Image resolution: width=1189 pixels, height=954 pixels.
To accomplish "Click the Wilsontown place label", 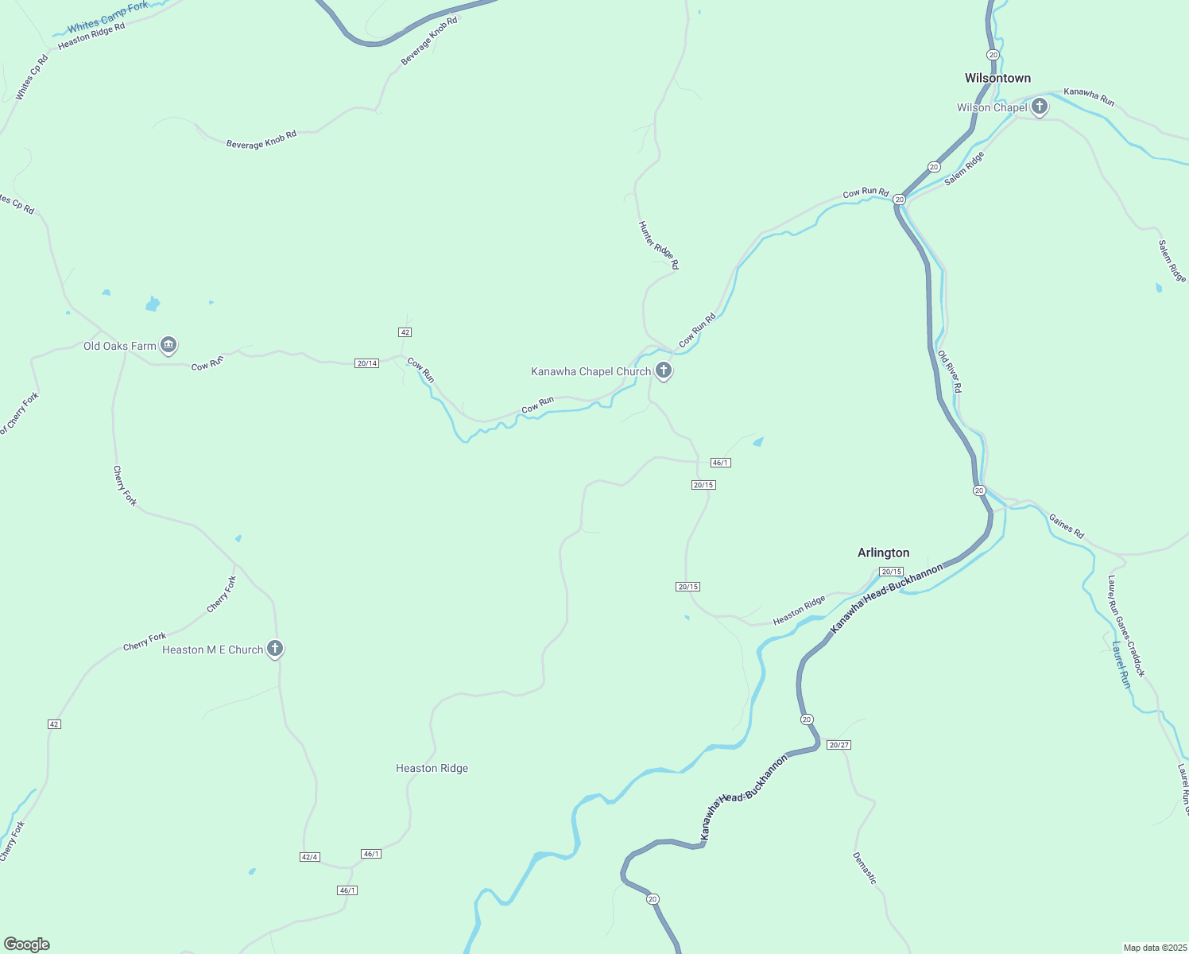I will tap(997, 78).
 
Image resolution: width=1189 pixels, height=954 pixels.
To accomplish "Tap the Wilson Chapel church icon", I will tap(1039, 107).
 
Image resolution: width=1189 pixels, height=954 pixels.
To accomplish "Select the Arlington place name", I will tap(883, 553).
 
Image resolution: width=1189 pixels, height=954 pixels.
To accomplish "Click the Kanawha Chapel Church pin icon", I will tap(664, 370).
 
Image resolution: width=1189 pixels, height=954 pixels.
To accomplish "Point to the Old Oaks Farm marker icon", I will tap(168, 345).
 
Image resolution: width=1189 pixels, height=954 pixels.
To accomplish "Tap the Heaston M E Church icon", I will tap(275, 649).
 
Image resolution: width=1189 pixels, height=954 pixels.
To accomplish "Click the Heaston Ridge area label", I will tap(432, 768).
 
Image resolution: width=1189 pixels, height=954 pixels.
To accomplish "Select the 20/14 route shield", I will tap(367, 363).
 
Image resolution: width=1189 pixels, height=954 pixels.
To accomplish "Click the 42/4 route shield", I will tap(310, 857).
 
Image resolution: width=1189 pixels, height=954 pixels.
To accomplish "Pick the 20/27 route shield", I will tap(838, 745).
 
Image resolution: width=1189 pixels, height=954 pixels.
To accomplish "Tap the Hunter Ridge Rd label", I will tap(659, 245).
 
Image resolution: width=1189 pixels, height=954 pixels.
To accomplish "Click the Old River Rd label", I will tap(950, 371).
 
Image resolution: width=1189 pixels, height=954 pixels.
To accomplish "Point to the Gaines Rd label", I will tap(1066, 526).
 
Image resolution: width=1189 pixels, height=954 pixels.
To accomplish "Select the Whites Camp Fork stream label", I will tap(107, 17).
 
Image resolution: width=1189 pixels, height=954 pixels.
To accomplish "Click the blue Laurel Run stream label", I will tap(1121, 665).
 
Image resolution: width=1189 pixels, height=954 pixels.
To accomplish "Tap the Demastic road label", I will tap(864, 868).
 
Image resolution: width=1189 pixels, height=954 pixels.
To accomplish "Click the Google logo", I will tap(27, 944).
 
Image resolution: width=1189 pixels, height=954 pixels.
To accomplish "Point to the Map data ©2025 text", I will tap(1154, 948).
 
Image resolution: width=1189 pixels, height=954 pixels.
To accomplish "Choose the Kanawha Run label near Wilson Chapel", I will tap(1089, 97).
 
